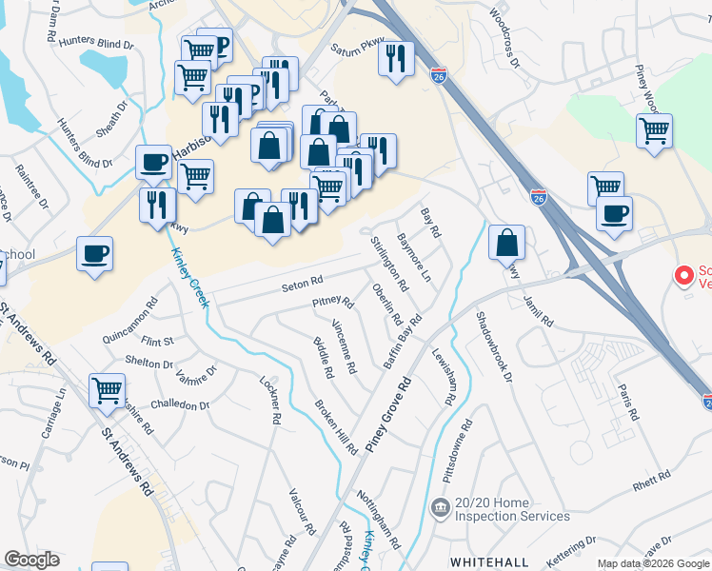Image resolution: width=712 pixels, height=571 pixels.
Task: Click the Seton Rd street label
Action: coord(303,283)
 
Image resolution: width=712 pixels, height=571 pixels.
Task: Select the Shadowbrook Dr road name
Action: coord(494,349)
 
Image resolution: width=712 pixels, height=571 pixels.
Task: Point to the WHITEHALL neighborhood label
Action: coord(488,562)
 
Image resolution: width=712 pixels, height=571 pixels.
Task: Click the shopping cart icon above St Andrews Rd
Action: coord(107,390)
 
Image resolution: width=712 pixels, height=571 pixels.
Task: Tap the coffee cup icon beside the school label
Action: coord(95,254)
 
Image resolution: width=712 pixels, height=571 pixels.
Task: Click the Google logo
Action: coord(31,560)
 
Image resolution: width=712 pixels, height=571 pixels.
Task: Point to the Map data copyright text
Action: coord(652,563)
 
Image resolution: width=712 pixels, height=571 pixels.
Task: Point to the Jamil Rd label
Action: coord(538,311)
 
